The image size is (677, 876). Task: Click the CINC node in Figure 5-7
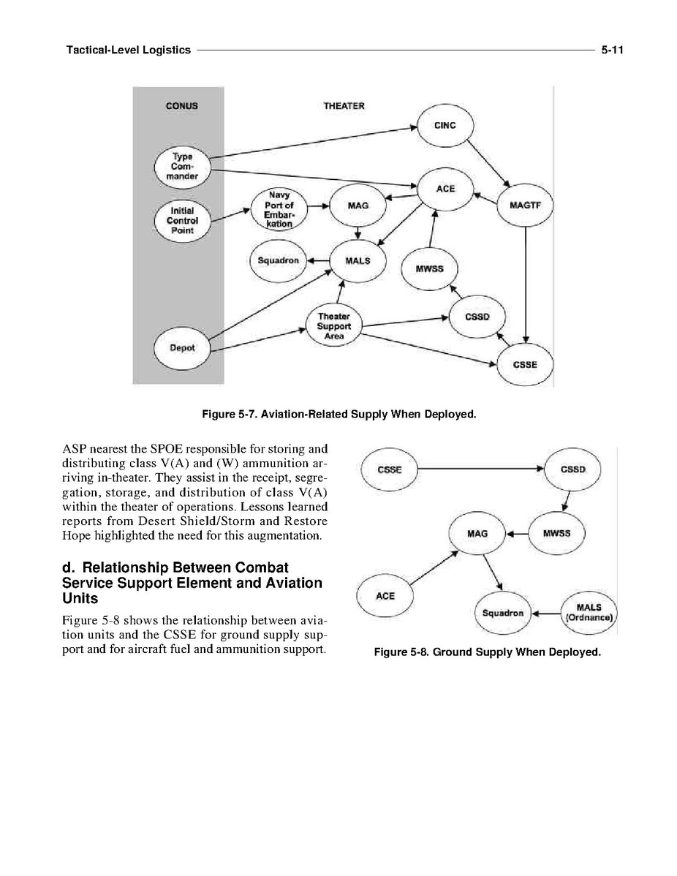tap(445, 126)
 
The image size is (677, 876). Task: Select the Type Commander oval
tap(182, 167)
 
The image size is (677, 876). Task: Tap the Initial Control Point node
tap(182, 220)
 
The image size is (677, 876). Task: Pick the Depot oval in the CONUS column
tap(182, 347)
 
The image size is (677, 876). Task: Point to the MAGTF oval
tap(525, 205)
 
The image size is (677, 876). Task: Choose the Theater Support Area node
tap(334, 326)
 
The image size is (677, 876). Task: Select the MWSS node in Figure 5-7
tap(429, 268)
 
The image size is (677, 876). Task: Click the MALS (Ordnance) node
tap(589, 612)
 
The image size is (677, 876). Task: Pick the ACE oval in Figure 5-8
tap(385, 596)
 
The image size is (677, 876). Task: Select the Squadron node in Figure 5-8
tap(503, 613)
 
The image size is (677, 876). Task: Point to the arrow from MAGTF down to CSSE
tap(526, 285)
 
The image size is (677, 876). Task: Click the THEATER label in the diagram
tap(344, 106)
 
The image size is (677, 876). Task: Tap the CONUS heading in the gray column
tap(182, 106)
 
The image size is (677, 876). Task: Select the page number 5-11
tap(611, 50)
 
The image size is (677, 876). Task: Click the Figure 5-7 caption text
tap(338, 415)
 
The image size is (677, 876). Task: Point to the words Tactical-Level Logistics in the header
tap(129, 50)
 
